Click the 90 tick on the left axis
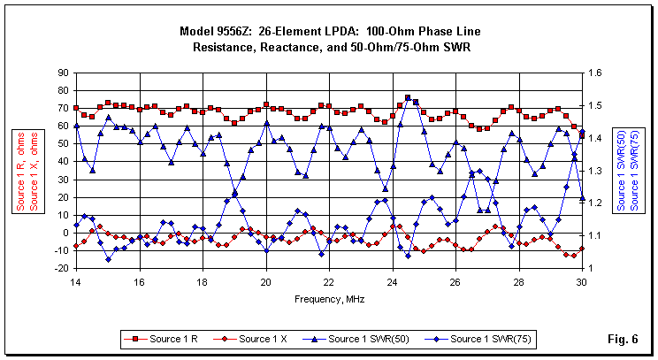tap(61, 73)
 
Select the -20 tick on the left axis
tap(59, 269)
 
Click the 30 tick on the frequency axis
tap(582, 282)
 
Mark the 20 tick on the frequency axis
tap(265, 282)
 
